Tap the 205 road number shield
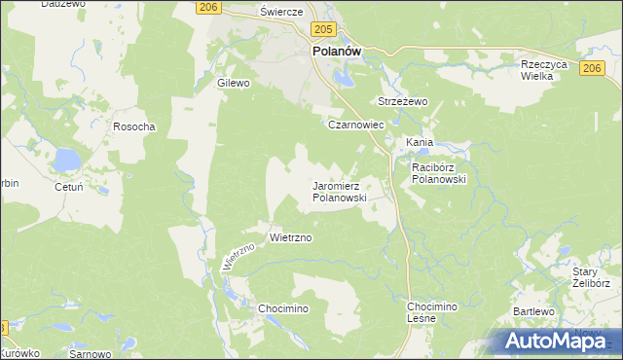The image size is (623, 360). [325, 31]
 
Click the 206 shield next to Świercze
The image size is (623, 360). [205, 7]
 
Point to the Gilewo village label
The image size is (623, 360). [234, 84]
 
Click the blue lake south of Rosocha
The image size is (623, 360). [67, 158]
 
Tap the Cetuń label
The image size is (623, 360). [46, 183]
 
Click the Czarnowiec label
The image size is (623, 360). [356, 126]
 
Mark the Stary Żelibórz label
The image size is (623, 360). [591, 277]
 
